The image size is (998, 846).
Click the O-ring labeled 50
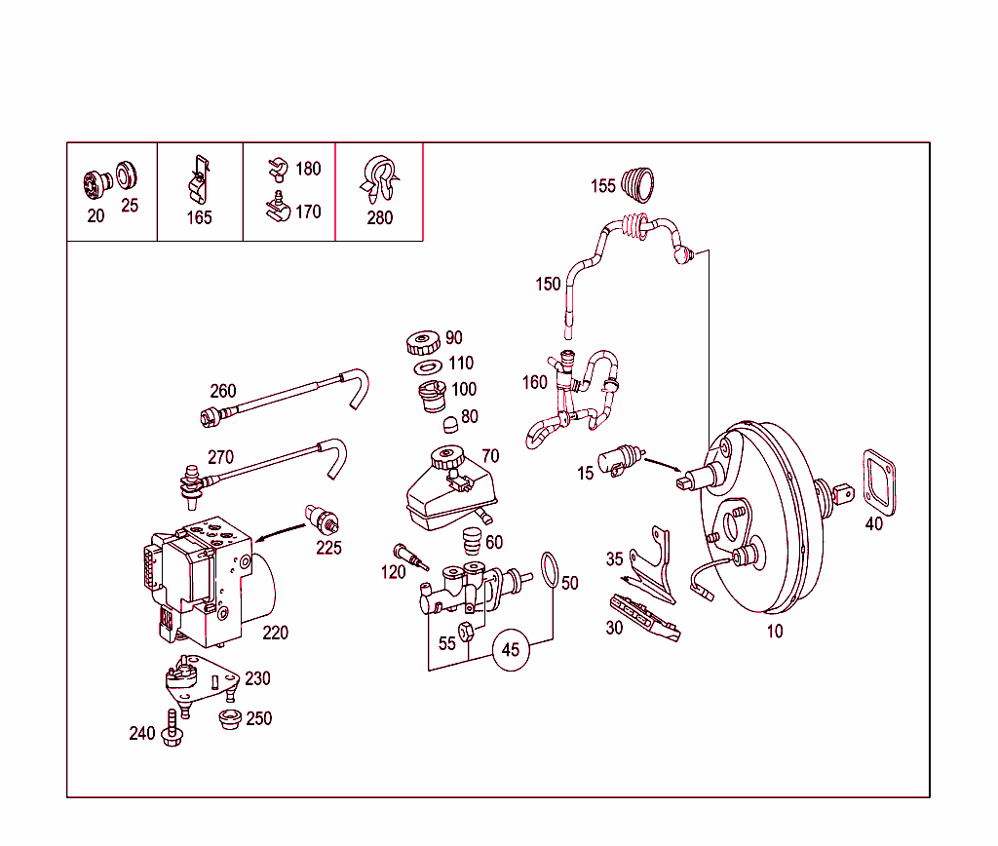click(550, 570)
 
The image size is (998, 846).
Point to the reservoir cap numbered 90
click(423, 343)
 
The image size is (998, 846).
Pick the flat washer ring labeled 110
click(427, 366)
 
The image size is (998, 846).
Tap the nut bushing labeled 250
click(229, 721)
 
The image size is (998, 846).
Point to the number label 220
click(276, 633)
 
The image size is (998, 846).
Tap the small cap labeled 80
click(448, 424)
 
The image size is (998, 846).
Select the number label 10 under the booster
click(774, 632)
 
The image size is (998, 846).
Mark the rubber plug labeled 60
click(472, 541)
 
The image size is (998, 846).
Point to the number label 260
click(223, 391)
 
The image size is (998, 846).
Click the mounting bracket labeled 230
click(200, 678)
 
